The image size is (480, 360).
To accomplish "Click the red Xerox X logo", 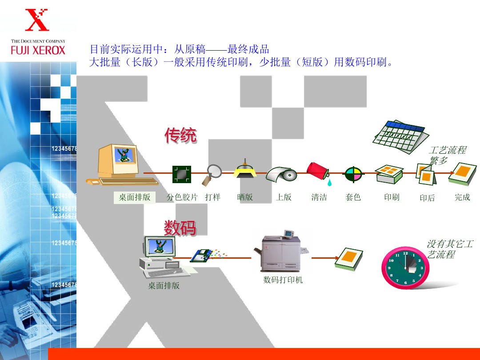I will click(x=37, y=20).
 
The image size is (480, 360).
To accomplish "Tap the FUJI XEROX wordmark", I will click(x=38, y=50).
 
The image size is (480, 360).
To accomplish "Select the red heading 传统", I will click(x=180, y=136).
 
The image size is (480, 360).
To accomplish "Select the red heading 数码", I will click(x=180, y=228).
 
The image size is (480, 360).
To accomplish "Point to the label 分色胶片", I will click(x=182, y=197).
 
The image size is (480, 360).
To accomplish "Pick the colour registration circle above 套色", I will click(x=354, y=175).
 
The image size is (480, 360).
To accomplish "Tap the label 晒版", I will click(x=245, y=197).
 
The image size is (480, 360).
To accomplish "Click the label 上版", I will click(x=284, y=197).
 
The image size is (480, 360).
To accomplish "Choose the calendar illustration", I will click(x=398, y=136).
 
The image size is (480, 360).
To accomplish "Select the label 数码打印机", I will click(x=283, y=280).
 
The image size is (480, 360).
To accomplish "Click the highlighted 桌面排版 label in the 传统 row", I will click(x=134, y=197).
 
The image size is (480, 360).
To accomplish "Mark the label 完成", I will click(x=462, y=197).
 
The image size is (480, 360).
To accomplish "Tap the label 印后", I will click(x=427, y=198).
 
